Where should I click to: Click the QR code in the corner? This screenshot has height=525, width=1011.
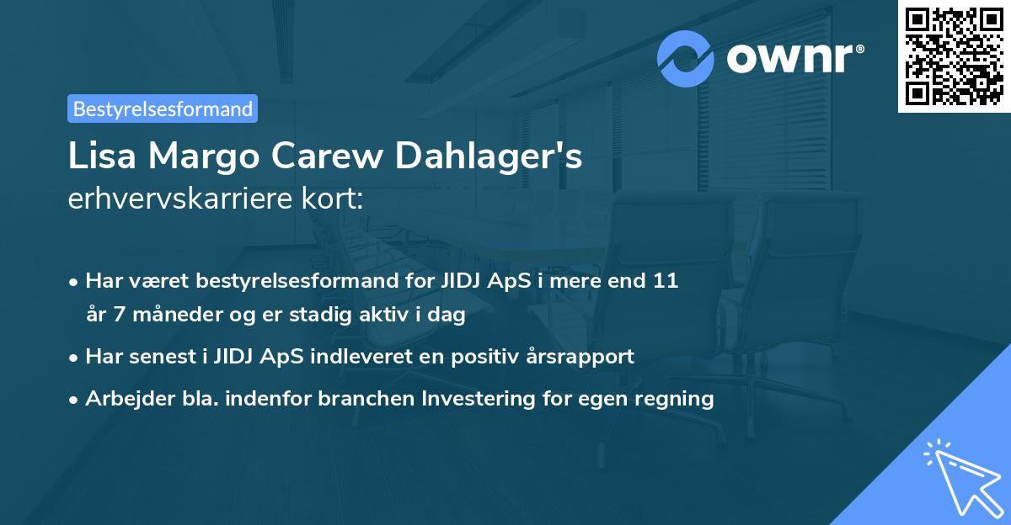coord(954,56)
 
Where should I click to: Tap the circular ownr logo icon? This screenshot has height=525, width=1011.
coord(686,58)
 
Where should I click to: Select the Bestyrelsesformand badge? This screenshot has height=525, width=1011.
coord(163,109)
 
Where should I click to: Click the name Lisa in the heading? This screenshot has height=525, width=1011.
coord(97,157)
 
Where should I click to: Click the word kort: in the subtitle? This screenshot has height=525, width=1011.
coord(334,199)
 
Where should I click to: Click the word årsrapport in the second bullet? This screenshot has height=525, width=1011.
coord(582,357)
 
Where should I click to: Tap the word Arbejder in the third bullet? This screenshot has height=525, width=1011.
coord(124,399)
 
